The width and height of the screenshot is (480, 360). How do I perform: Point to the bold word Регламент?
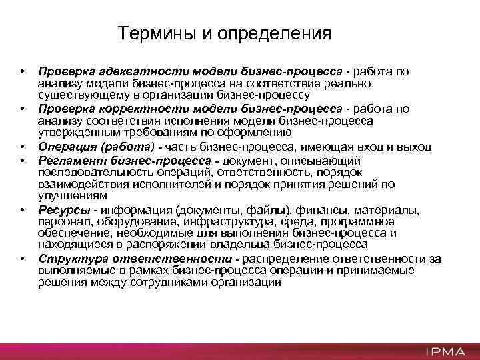69,161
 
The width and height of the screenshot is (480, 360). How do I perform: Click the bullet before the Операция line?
22,147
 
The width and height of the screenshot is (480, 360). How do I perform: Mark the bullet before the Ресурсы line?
22,210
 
